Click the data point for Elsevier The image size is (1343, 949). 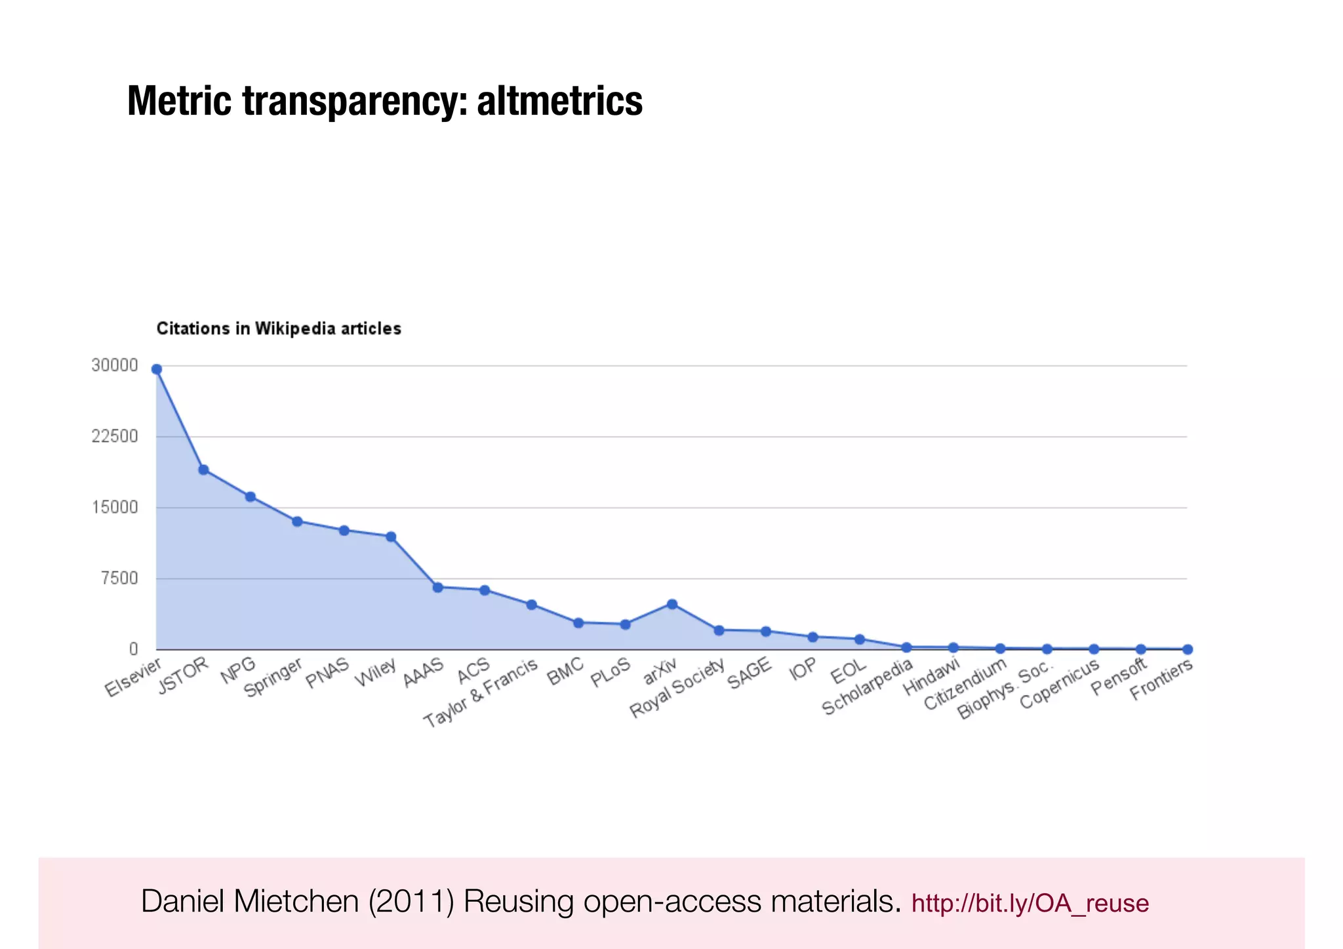[x=157, y=369]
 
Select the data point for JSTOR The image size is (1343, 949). [x=203, y=470]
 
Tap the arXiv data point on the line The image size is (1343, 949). [x=672, y=604]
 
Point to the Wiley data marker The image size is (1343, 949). [x=391, y=536]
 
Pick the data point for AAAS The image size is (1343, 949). [x=437, y=587]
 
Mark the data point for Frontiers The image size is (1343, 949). [x=1187, y=649]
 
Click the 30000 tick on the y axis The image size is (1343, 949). [x=115, y=365]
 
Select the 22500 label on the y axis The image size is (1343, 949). [x=115, y=436]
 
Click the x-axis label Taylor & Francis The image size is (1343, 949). [x=481, y=693]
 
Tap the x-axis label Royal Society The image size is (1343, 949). [x=677, y=687]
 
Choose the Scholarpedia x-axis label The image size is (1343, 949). [x=867, y=686]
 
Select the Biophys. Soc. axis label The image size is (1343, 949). [x=1005, y=691]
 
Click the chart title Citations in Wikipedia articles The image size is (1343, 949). [x=279, y=329]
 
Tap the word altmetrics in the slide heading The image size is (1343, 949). [x=559, y=101]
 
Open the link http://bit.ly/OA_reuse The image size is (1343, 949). [x=1030, y=903]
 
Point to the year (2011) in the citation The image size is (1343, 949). [x=411, y=901]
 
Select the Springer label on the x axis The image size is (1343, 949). [x=273, y=677]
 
